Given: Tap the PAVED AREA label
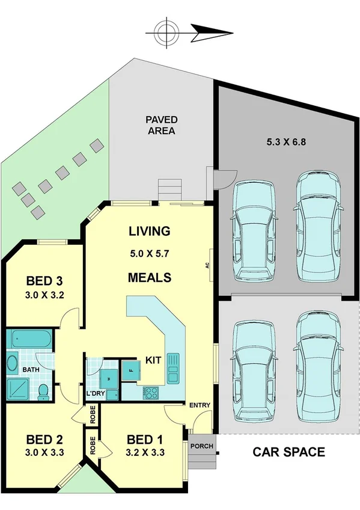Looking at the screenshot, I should tap(160, 125).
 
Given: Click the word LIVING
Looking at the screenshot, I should tap(150, 231).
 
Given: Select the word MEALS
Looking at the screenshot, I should tap(150, 277).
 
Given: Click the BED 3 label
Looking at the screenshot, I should tap(45, 281).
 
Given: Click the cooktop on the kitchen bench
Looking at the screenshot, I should tap(150, 393).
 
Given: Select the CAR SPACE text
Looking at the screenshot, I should tap(288, 452).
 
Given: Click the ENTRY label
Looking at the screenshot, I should tap(200, 405).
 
